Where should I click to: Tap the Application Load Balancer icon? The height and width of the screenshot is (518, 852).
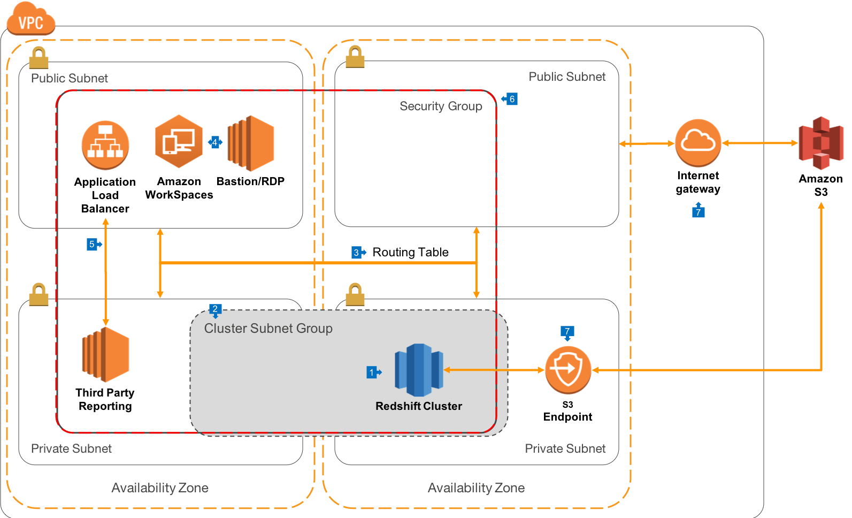point(105,145)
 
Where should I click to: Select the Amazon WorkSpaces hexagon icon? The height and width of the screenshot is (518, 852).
point(179,142)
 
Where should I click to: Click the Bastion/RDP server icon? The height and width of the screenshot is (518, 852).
point(251,143)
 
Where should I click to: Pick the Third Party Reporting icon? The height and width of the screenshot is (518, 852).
point(105,354)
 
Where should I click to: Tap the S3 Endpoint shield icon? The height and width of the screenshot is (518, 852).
point(567,369)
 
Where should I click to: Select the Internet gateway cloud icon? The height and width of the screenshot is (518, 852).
point(698,143)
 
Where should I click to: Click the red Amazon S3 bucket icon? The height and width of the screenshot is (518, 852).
point(821,143)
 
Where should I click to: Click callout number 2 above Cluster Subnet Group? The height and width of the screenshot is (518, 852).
point(214,309)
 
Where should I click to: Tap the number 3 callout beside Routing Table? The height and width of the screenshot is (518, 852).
point(357,253)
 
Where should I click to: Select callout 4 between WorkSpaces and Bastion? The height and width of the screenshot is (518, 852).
point(215,142)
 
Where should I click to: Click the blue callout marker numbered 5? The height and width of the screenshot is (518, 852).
point(92,245)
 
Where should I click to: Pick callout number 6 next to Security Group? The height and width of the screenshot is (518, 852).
point(511,99)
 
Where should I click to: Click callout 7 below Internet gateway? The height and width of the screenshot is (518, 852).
point(698,211)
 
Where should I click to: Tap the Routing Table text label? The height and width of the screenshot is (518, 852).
point(410,252)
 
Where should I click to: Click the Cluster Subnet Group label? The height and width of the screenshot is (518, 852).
point(268,328)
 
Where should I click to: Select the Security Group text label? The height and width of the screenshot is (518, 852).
point(441,106)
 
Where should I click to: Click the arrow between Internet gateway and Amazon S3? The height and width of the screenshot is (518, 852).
point(759,143)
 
